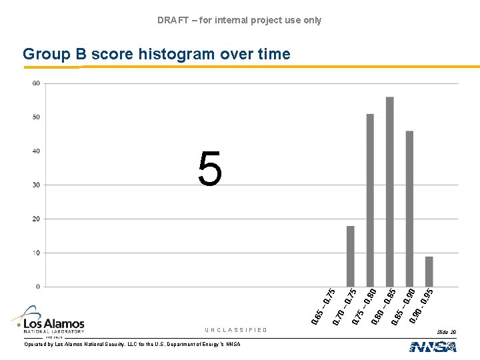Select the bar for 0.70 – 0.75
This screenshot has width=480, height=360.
pyautogui.click(x=351, y=257)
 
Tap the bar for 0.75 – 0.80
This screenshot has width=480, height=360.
pyautogui.click(x=370, y=200)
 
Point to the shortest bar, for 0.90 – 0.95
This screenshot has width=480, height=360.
pyautogui.click(x=429, y=271)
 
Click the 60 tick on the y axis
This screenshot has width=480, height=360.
pyautogui.click(x=35, y=83)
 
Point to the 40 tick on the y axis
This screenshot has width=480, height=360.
pyautogui.click(x=35, y=151)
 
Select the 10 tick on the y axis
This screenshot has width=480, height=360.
pyautogui.click(x=35, y=253)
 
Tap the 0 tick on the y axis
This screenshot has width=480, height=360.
pyautogui.click(x=37, y=287)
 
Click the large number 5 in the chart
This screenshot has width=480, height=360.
pyautogui.click(x=209, y=169)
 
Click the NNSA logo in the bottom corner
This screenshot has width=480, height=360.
pyautogui.click(x=433, y=346)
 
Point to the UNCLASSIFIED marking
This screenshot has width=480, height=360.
pyautogui.click(x=236, y=330)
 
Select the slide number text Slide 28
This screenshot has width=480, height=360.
pyautogui.click(x=447, y=331)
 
